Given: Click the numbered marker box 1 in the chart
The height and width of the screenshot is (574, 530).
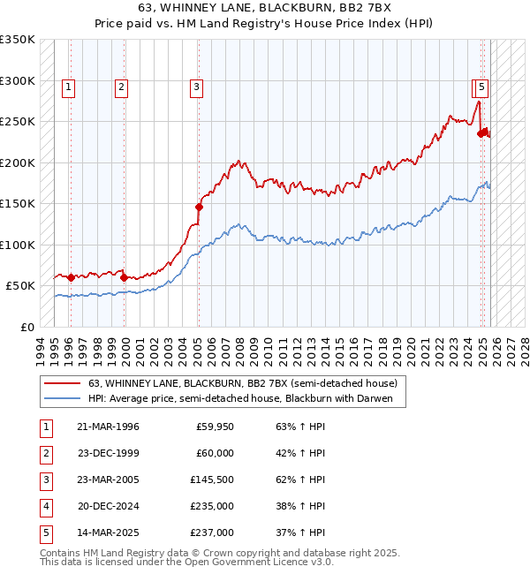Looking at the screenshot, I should click(x=69, y=87).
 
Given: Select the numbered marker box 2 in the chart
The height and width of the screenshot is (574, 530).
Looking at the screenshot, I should click(x=120, y=87).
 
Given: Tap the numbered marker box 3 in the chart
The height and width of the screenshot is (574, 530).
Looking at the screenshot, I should click(x=195, y=87).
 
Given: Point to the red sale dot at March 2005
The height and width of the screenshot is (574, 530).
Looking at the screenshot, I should click(x=199, y=208).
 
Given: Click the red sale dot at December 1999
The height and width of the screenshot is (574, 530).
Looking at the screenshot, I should click(x=124, y=277).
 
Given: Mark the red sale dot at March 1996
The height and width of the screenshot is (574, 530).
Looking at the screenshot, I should click(x=71, y=277).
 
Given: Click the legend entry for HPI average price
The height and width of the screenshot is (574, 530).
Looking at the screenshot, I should click(x=246, y=399).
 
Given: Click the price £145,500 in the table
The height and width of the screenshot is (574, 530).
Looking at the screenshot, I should click(x=212, y=480).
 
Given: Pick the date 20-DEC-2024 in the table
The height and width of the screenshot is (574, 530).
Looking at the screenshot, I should click(x=108, y=507).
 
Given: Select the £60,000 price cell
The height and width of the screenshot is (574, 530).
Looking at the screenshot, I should click(x=215, y=454).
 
